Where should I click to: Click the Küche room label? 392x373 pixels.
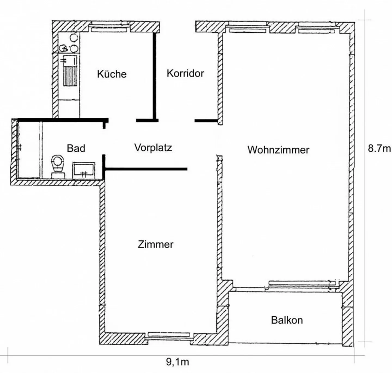point(112,74)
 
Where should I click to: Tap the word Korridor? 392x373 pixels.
point(185,73)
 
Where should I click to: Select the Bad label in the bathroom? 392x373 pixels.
point(76,148)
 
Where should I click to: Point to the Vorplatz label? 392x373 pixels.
point(153,148)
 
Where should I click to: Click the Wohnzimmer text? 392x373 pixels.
point(278,150)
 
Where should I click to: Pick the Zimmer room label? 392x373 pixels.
point(155,244)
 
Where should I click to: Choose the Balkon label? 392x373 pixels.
point(287,320)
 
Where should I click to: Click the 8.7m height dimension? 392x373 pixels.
point(379,148)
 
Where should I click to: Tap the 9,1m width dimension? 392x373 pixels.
point(177,362)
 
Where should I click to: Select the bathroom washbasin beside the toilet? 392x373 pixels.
point(84,170)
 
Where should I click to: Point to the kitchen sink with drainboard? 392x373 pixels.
point(70,71)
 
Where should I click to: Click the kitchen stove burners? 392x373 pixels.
point(70,44)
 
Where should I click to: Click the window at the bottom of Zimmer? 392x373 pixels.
point(169,335)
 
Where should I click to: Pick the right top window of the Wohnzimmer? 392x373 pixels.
point(316,31)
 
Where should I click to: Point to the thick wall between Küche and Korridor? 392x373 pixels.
point(155,76)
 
